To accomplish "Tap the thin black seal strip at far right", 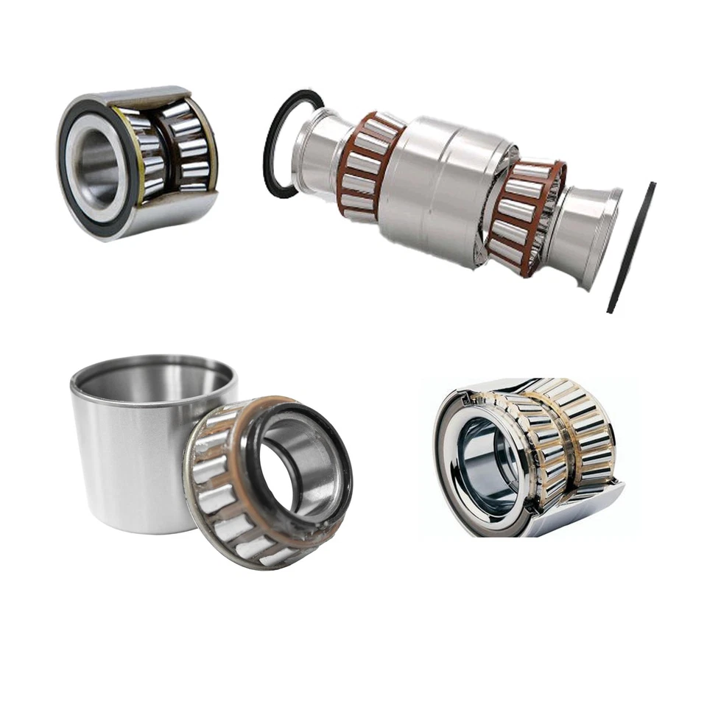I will click(x=631, y=247).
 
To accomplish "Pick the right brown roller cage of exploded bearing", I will click(x=525, y=217).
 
